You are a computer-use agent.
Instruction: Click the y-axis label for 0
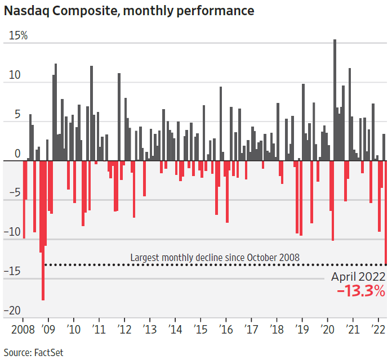[x=17, y=154]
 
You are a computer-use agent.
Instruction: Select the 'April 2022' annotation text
[x=358, y=276]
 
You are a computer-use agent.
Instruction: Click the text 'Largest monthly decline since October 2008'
[x=215, y=258]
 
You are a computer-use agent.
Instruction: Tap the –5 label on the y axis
[x=15, y=193]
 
